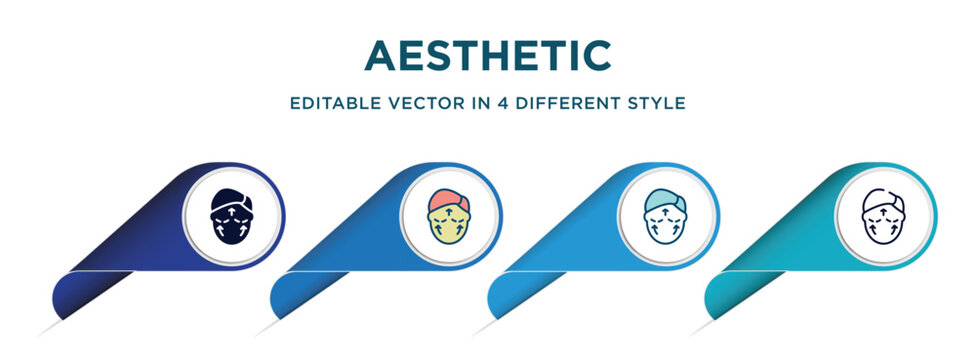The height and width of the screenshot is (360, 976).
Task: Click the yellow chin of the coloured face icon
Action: coord(450,233)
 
